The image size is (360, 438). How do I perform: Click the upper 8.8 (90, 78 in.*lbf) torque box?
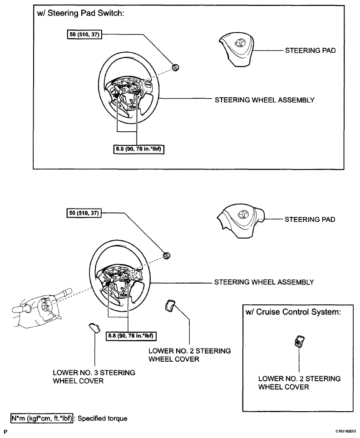point(138,148)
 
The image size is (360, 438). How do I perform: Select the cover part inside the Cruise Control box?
point(300,342)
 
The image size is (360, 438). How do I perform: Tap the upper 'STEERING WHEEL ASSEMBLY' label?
point(264,100)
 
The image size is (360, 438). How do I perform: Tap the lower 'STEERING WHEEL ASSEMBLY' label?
point(264,282)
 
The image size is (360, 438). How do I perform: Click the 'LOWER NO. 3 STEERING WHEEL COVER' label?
point(94,377)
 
